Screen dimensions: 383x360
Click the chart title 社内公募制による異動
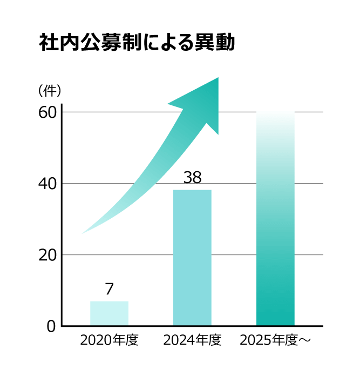(137, 43)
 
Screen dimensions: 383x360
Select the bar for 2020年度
(109, 313)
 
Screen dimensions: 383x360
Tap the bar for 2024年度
(192, 258)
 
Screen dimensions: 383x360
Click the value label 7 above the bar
(110, 289)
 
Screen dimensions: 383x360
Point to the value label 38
(192, 177)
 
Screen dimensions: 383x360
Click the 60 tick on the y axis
(47, 112)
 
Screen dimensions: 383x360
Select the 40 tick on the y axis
(47, 184)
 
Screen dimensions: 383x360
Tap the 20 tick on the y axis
(47, 255)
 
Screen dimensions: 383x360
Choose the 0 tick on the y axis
(51, 326)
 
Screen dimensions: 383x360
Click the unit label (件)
(50, 90)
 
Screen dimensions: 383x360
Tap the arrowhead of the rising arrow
(202, 103)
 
